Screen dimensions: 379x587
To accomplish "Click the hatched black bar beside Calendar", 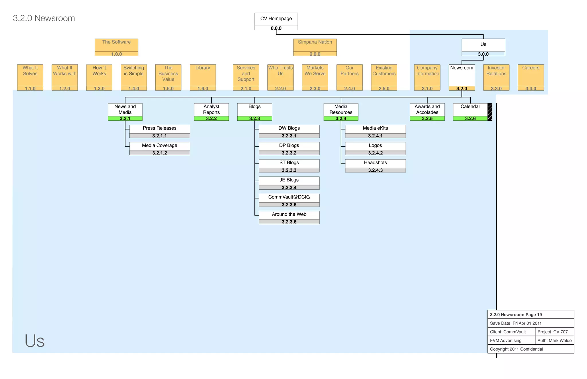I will (490, 112).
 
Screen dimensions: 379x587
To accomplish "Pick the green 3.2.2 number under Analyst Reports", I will (211, 118).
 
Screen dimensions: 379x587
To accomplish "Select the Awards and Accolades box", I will (427, 110).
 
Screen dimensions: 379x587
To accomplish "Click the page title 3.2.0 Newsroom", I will (44, 18).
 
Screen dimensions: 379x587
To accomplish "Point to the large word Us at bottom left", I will (34, 341).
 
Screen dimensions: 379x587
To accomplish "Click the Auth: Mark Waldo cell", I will (554, 340).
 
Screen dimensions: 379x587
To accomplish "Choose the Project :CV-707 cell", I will (554, 332).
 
